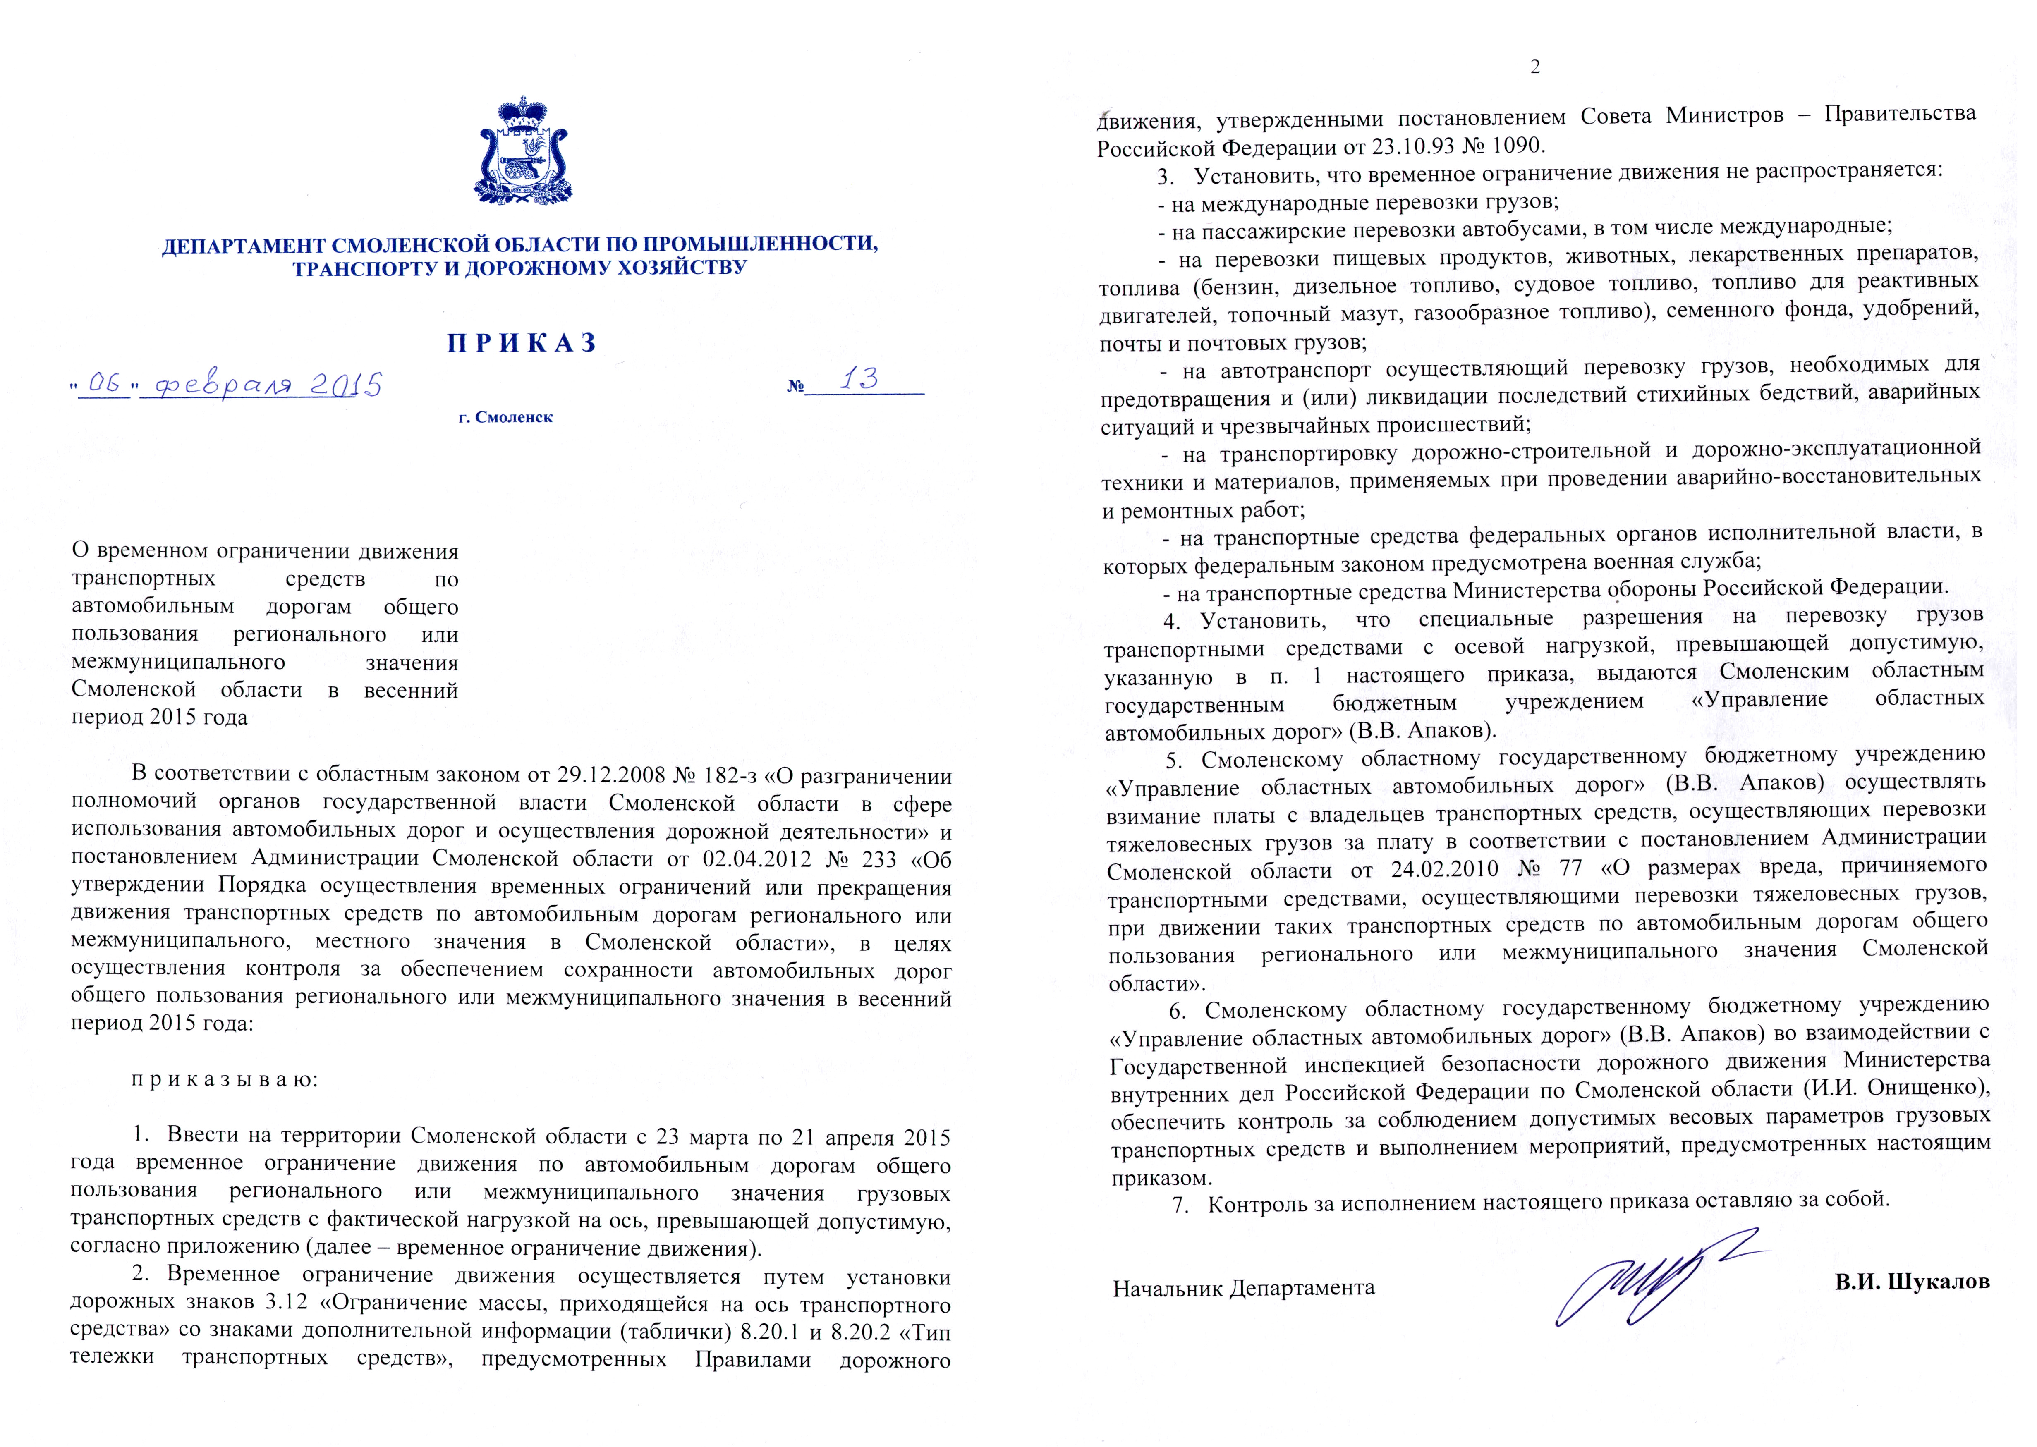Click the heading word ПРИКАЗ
pos(522,343)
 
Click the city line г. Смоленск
pos(505,417)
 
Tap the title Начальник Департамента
pos(1243,1287)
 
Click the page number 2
pos(1534,68)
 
